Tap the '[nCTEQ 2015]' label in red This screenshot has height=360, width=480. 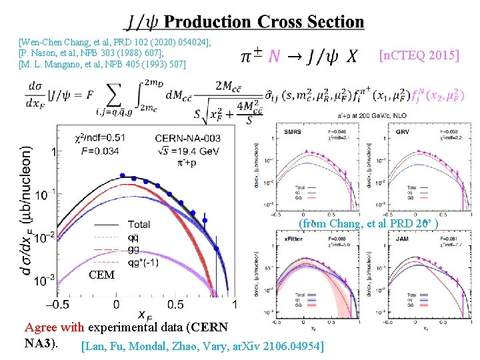[419, 55]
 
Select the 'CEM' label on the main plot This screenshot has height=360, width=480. [103, 275]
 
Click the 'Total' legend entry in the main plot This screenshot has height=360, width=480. [139, 224]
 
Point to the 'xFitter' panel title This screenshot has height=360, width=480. [293, 237]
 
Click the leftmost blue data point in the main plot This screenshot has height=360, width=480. [123, 176]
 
